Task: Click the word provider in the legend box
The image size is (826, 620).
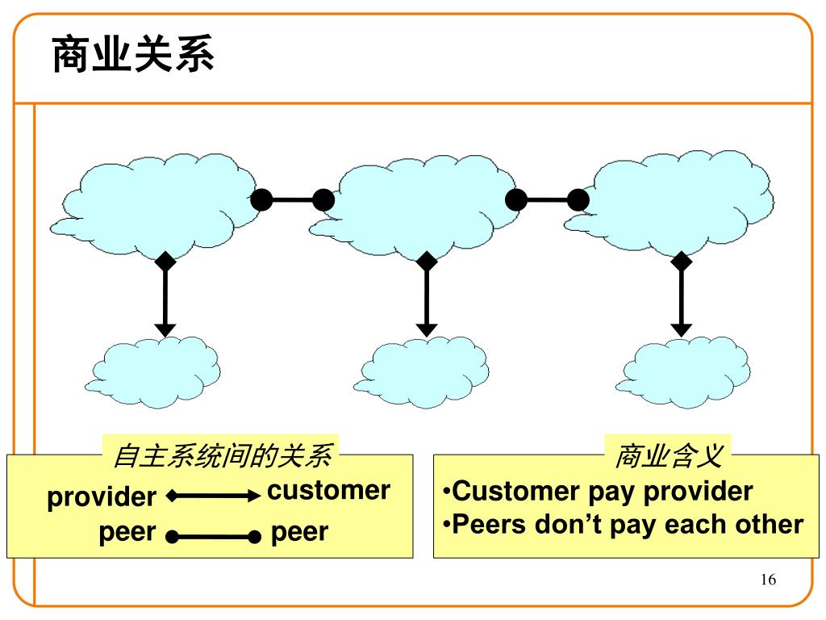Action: [102, 497]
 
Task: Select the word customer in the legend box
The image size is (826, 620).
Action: [328, 490]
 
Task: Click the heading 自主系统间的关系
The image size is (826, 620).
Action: [222, 456]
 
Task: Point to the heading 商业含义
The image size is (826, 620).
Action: [669, 456]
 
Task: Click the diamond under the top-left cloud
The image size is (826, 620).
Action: [165, 261]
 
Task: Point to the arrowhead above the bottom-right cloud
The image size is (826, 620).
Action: [682, 329]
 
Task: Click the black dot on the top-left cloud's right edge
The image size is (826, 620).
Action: [261, 199]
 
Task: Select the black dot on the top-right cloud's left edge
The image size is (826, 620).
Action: [578, 199]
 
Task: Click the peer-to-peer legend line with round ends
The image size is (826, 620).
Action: [214, 535]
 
